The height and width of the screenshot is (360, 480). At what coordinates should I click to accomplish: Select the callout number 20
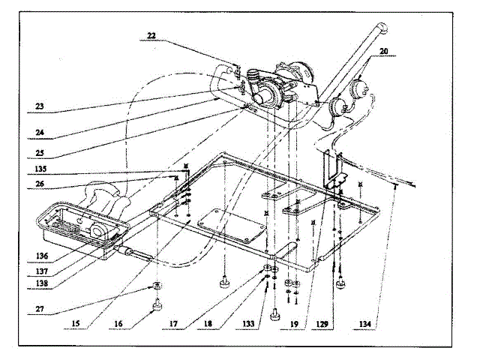(x=384, y=52)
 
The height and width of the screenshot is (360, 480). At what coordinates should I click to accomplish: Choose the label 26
(x=40, y=184)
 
